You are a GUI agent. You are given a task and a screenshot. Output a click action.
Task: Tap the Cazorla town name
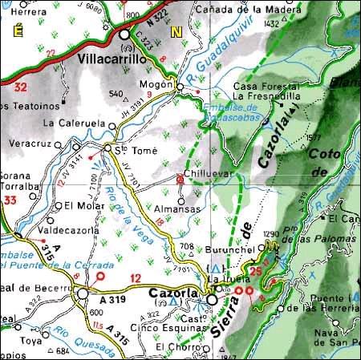coord(173,293)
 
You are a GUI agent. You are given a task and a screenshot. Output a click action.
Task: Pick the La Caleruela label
coord(71,123)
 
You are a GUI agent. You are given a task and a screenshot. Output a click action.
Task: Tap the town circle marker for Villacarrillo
coord(124,36)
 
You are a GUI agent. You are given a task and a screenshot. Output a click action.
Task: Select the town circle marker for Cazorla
coord(211,300)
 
